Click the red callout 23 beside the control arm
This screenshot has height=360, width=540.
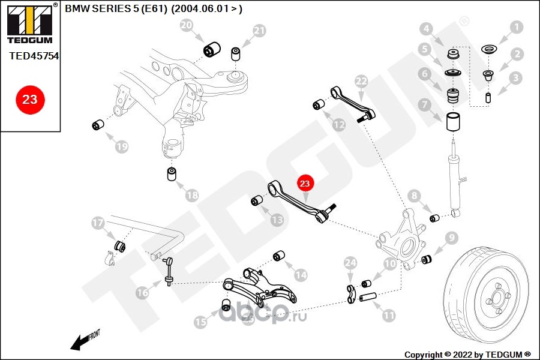coord(305,183)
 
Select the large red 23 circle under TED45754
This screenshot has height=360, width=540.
coord(29,99)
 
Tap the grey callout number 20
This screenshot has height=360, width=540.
coord(187,25)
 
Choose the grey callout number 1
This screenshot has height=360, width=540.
coord(516,27)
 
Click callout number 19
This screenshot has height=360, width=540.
coord(122,146)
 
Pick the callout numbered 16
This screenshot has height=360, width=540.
coord(142,293)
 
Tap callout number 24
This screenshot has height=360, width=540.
coord(351,262)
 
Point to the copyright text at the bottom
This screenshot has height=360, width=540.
coord(467,354)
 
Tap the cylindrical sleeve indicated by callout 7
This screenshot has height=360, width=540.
coord(455,121)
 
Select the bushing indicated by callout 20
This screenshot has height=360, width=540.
coord(212,49)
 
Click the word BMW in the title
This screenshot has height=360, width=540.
coord(76,9)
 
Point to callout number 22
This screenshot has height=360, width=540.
coord(361,82)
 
